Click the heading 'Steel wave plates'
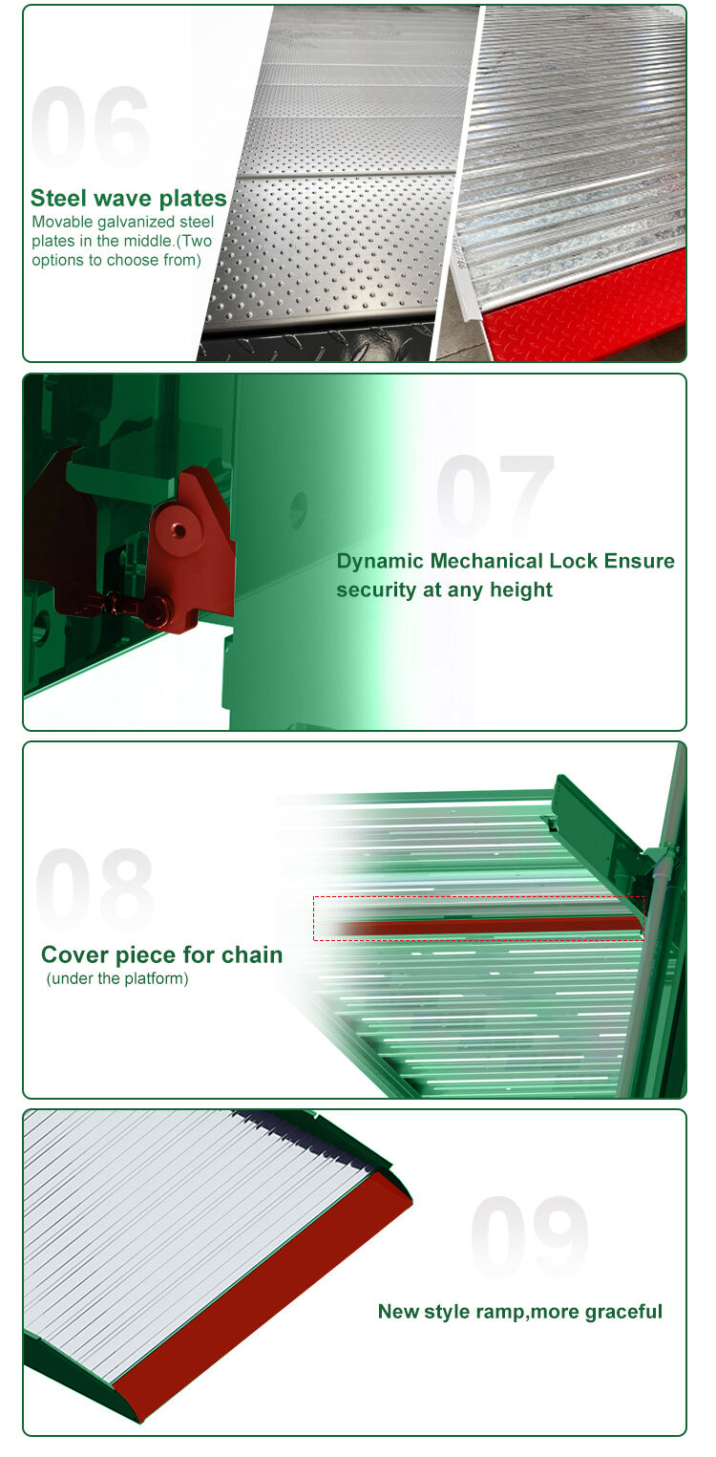coord(128,198)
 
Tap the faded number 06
coord(91,127)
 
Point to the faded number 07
coord(495,494)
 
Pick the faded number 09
coord(530,1236)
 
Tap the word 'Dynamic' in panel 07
coord(380,561)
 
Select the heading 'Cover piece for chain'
coord(161,954)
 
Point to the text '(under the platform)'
coord(117,978)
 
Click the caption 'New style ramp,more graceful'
coord(519,1311)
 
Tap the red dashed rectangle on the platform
coord(479,897)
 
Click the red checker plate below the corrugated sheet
coord(585,312)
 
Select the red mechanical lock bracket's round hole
coord(179,530)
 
